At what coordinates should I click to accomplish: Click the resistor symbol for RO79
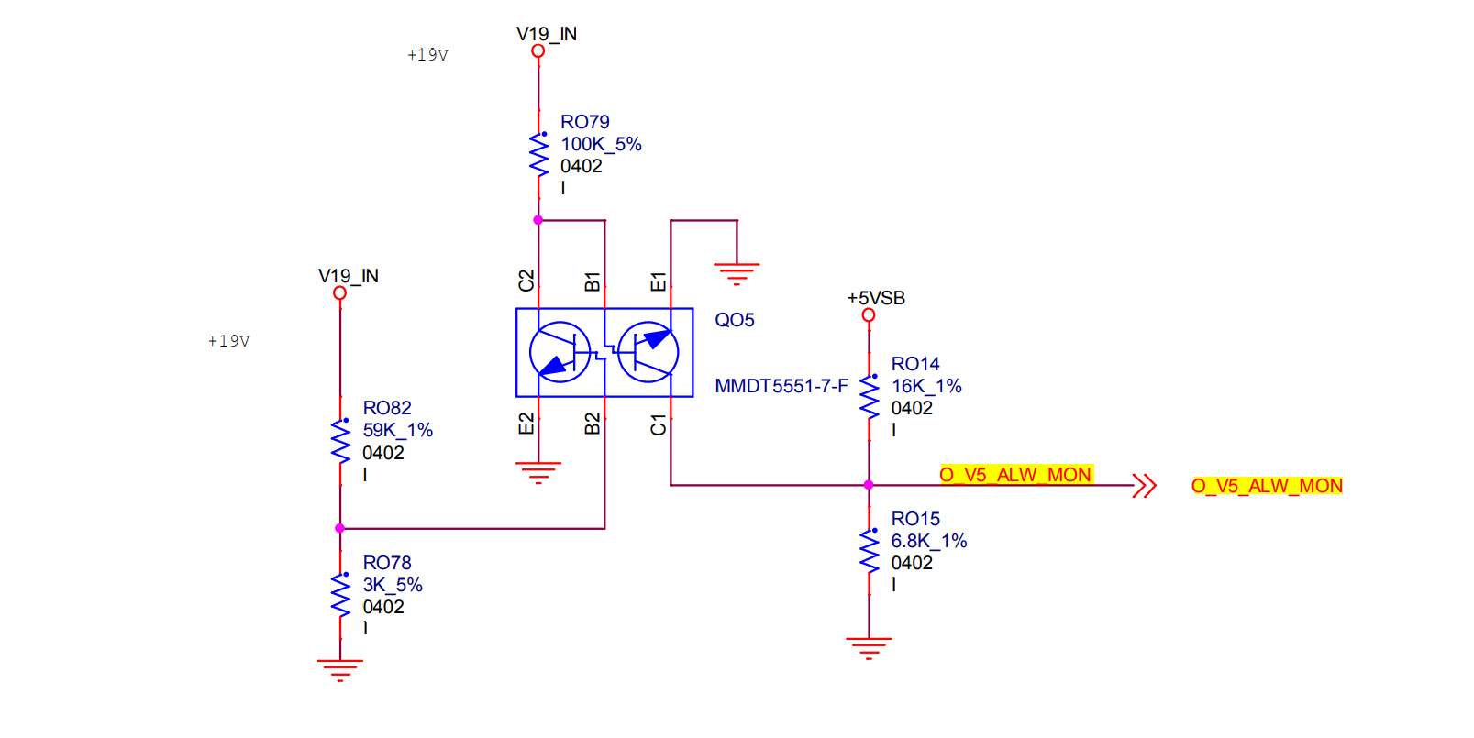tap(538, 155)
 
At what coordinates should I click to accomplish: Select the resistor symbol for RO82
tap(340, 441)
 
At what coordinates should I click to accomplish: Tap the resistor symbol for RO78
tap(340, 595)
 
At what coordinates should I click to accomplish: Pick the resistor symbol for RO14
tap(869, 397)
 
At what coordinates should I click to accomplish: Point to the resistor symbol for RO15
tap(869, 551)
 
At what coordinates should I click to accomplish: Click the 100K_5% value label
tap(601, 144)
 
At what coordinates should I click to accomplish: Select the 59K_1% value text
tap(397, 430)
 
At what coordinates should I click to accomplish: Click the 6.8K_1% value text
tap(928, 541)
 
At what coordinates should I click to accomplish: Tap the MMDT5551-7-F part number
tap(781, 386)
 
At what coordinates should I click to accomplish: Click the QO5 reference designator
tap(735, 320)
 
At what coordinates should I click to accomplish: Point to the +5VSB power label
tap(876, 298)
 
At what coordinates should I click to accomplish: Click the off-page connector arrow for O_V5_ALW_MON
tap(1145, 485)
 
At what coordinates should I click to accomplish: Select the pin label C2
tap(526, 281)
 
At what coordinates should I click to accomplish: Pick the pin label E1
tap(658, 281)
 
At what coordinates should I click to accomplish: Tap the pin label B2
tap(593, 424)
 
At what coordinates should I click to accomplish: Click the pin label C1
tap(658, 424)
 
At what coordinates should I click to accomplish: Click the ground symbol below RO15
tap(869, 648)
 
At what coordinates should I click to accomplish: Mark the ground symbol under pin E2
tap(538, 473)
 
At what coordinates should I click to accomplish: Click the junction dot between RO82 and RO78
tap(340, 528)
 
